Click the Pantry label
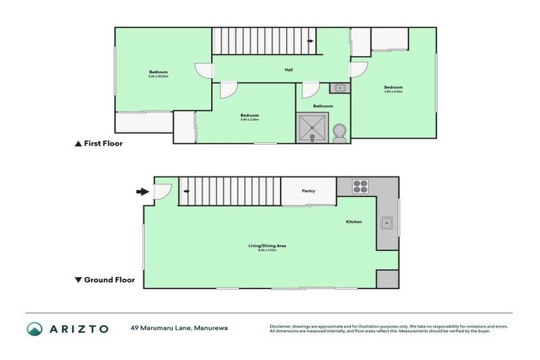(308, 191)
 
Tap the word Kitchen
(353, 222)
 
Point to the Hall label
(288, 70)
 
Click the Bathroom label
(323, 106)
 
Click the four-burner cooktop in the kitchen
(359, 187)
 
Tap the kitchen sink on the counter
(387, 224)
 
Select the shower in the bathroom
(313, 128)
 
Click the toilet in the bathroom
(340, 133)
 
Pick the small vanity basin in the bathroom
(339, 88)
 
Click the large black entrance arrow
(142, 191)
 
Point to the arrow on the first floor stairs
(311, 41)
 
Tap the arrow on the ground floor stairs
(186, 190)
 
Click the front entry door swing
(161, 191)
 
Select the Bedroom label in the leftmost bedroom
(158, 72)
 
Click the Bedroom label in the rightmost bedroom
(394, 88)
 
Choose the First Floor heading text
(103, 143)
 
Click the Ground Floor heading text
(109, 279)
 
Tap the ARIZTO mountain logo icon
(35, 328)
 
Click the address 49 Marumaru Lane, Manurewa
(179, 328)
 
